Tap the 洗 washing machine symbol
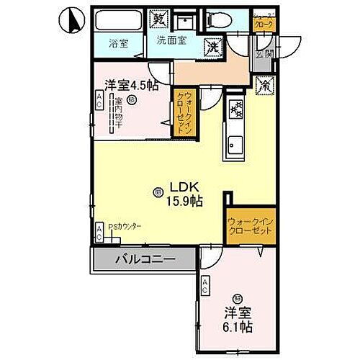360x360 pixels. (x=214, y=46)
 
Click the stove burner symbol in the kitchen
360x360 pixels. (x=235, y=109)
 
